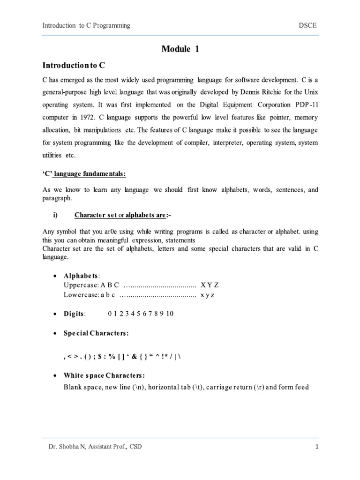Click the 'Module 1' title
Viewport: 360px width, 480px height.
[180, 49]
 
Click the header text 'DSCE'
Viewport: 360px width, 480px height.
[308, 25]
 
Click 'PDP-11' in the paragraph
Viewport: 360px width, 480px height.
[307, 104]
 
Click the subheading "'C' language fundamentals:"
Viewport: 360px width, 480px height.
[84, 174]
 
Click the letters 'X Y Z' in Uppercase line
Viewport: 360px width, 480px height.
[210, 285]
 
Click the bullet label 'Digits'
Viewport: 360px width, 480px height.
[75, 314]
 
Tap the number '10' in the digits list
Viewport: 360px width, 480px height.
[170, 314]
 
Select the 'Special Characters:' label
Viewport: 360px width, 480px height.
[96, 333]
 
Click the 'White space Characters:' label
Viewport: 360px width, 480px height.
[104, 376]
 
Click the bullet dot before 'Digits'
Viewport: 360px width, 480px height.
[55, 314]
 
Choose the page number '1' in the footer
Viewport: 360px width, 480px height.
[317, 447]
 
